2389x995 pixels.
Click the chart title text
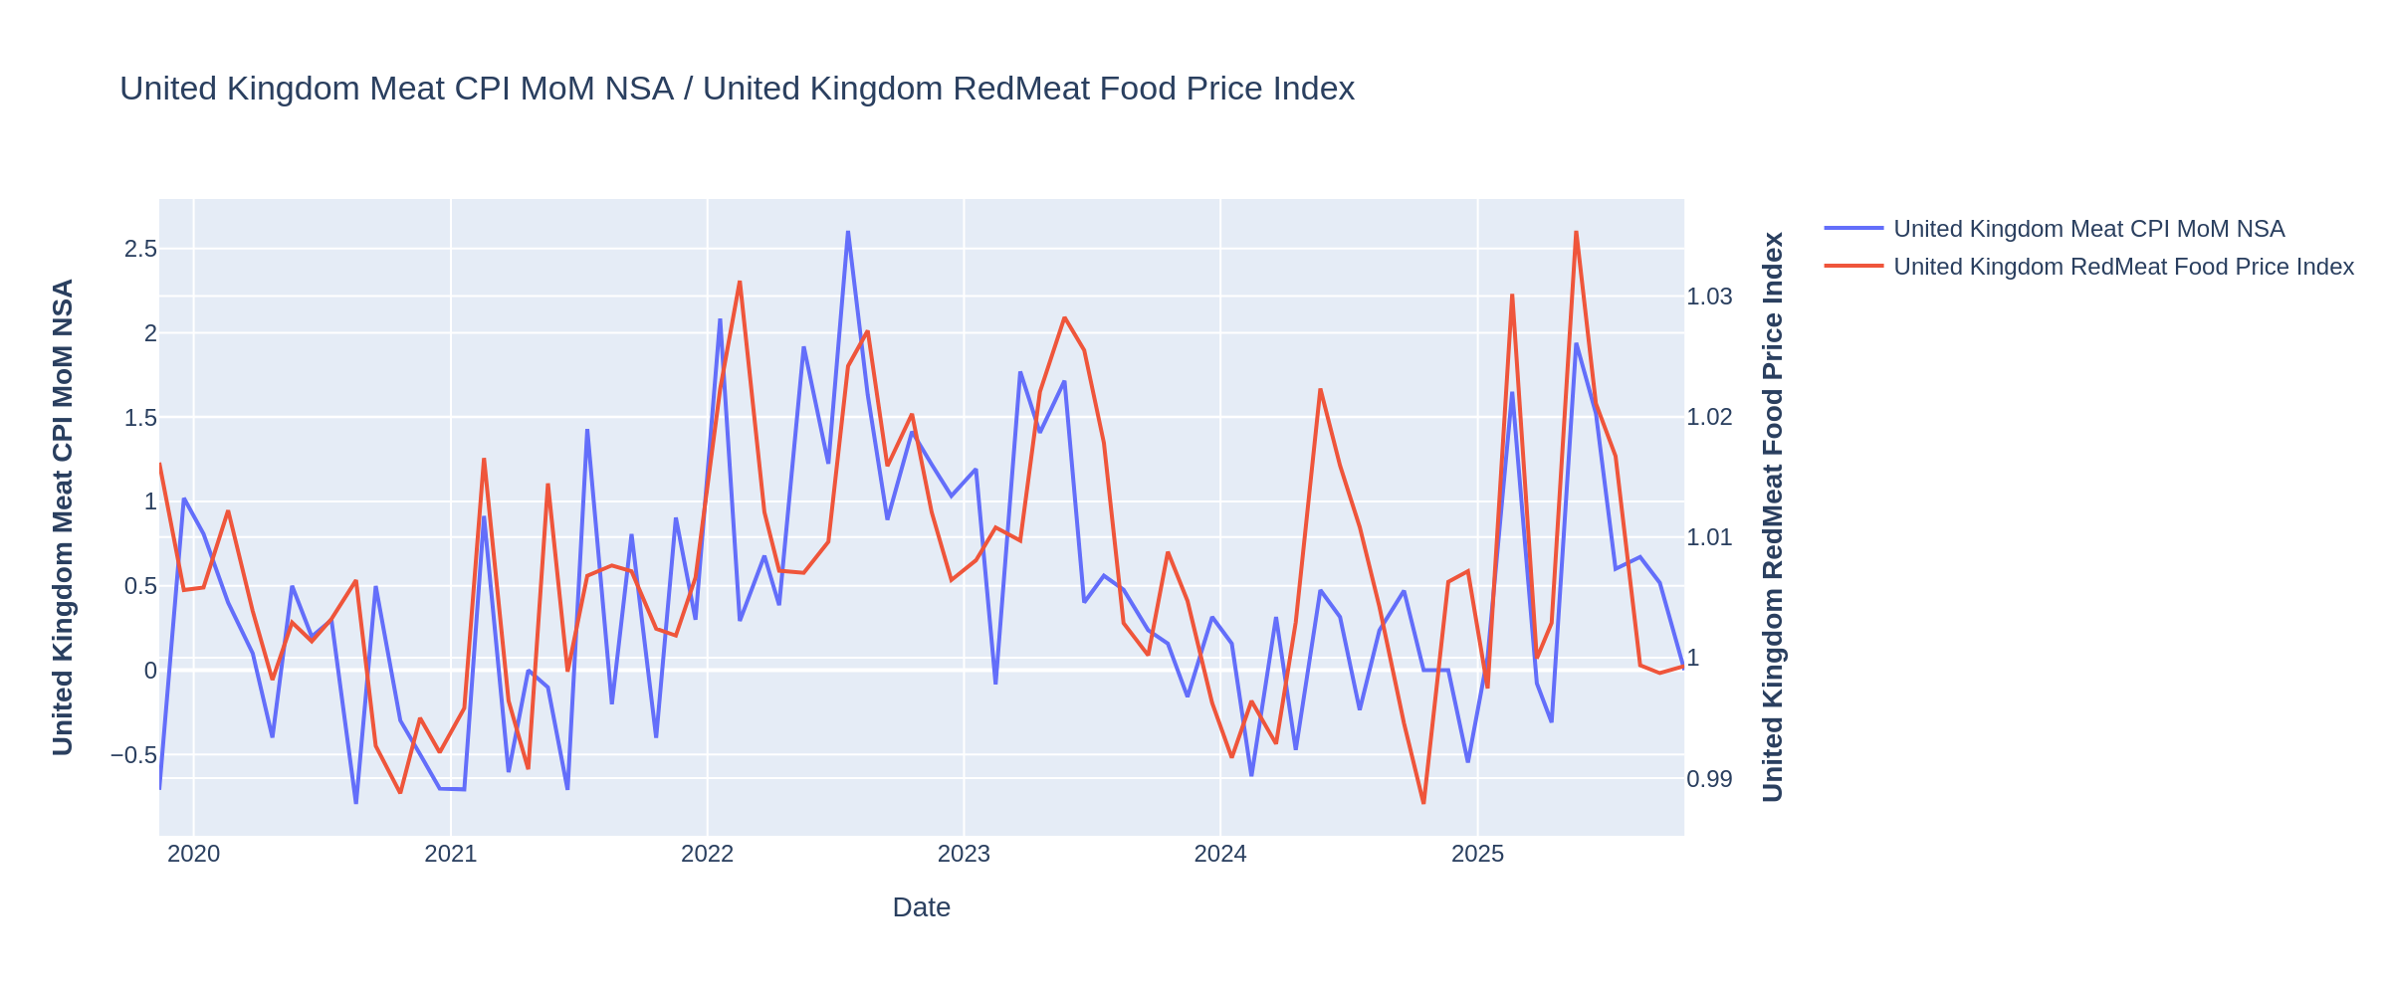tap(737, 90)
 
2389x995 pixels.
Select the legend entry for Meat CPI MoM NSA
tap(2088, 229)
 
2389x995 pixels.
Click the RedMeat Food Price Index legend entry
tap(2123, 267)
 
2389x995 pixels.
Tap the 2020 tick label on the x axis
tap(194, 854)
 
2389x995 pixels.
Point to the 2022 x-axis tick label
tap(707, 854)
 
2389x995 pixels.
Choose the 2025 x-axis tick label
tap(1477, 854)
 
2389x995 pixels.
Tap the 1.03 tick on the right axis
tap(1709, 297)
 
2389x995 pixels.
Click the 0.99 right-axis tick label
tap(1709, 779)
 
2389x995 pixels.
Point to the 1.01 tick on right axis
tap(1709, 538)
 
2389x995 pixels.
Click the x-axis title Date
tap(921, 907)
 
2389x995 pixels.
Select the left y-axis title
tap(63, 517)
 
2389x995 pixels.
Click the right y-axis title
tap(1773, 517)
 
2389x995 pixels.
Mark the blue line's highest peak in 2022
tap(848, 232)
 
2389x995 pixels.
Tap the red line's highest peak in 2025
tap(1576, 232)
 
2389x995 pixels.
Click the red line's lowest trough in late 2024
tap(1423, 803)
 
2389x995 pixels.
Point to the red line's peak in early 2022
tap(740, 282)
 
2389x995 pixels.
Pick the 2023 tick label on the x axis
tap(964, 854)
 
